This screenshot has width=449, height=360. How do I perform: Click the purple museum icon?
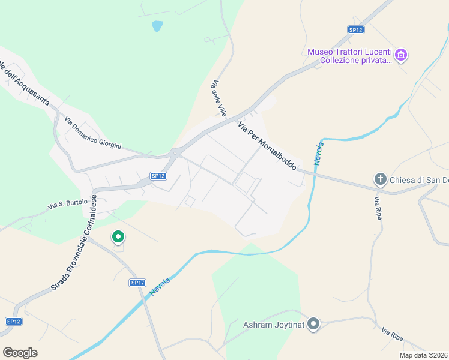point(401,56)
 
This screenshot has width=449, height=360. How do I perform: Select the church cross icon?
point(379,179)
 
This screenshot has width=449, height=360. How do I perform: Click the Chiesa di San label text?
point(419,179)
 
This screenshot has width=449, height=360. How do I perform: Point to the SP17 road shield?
point(137,283)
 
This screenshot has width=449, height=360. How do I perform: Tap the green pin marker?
point(118,238)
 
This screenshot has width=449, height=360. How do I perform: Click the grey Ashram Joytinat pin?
point(313,325)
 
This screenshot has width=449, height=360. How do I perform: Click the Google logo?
point(20,352)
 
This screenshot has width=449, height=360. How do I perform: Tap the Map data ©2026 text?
point(423,355)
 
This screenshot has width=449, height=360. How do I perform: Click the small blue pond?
point(157,26)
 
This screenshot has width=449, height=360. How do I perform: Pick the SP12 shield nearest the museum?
point(356,29)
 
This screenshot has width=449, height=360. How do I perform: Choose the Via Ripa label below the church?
point(378,208)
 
